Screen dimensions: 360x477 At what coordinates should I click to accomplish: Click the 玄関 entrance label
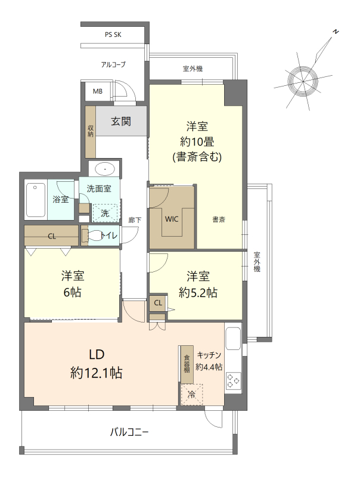pyautogui.click(x=121, y=122)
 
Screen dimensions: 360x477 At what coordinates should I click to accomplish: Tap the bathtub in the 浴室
pyautogui.click(x=36, y=200)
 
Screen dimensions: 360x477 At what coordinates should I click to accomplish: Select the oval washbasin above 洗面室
pyautogui.click(x=104, y=169)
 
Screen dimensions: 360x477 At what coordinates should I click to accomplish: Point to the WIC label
pyautogui.click(x=172, y=219)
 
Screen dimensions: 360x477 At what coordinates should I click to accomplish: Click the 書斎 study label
pyautogui.click(x=219, y=219)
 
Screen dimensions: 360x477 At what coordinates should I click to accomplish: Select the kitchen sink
pyautogui.click(x=233, y=339)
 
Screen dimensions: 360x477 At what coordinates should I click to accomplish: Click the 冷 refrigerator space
pyautogui.click(x=191, y=395)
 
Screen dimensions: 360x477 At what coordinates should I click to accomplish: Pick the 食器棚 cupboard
pyautogui.click(x=187, y=364)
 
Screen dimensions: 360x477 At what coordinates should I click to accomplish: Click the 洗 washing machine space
pyautogui.click(x=105, y=213)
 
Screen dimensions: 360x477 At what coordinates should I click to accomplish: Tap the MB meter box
pyautogui.click(x=98, y=91)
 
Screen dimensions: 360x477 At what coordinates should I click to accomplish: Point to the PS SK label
pyautogui.click(x=113, y=35)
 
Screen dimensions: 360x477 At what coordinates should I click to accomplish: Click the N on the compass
pyautogui.click(x=336, y=32)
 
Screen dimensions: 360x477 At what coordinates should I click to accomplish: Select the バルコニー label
pyautogui.click(x=129, y=432)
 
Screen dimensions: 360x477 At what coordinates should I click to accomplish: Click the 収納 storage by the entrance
pyautogui.click(x=91, y=131)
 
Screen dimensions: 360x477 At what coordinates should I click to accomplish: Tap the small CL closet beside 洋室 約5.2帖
pyautogui.click(x=158, y=303)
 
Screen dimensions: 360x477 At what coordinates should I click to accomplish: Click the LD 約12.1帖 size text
pyautogui.click(x=97, y=373)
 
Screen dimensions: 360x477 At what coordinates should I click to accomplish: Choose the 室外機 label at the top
pyautogui.click(x=193, y=69)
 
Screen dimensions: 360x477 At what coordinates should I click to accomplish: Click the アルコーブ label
pyautogui.click(x=113, y=64)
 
